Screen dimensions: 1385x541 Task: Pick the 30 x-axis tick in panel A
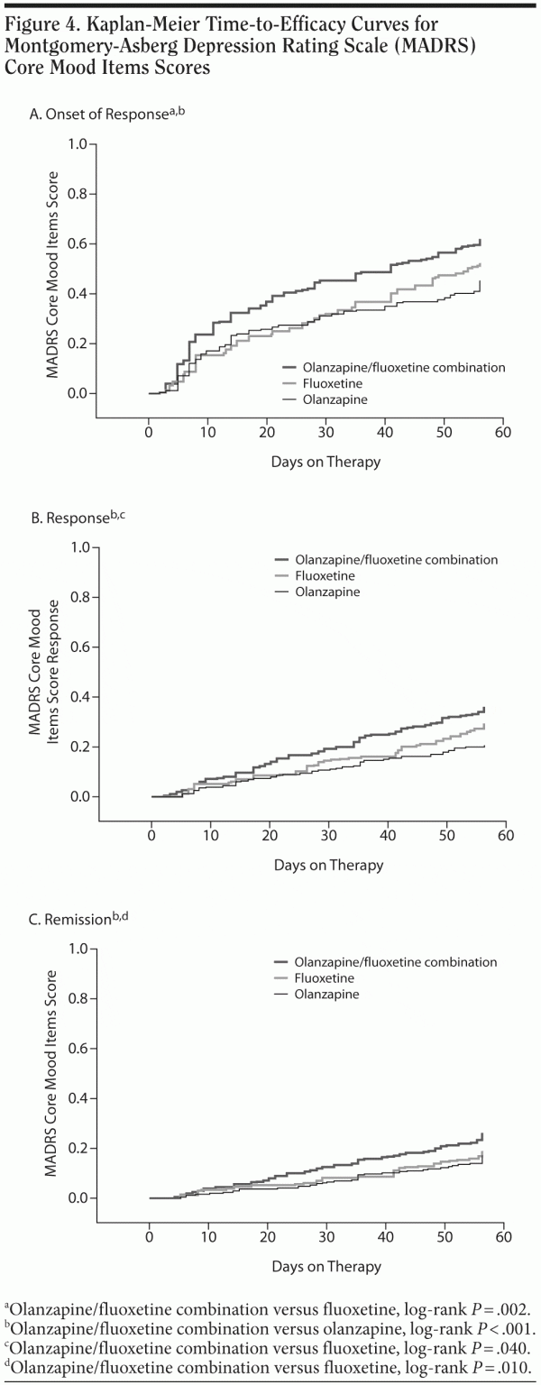pyautogui.click(x=326, y=432)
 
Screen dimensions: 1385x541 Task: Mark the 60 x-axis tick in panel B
pyautogui.click(x=505, y=835)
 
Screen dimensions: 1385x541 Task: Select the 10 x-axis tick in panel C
pyautogui.click(x=207, y=1236)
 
